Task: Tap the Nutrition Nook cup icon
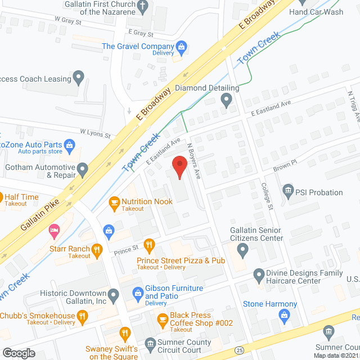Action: (115, 202)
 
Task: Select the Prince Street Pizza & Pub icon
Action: (149, 244)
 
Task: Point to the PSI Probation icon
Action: (289, 192)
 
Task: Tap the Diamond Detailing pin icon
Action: (226, 101)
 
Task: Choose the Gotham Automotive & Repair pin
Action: (83, 168)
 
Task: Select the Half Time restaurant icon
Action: (0, 197)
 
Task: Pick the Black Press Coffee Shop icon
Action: (162, 319)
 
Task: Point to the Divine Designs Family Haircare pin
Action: (259, 276)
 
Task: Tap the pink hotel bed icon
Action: (54, 229)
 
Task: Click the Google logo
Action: (18, 353)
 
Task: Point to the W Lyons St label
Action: (95, 133)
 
